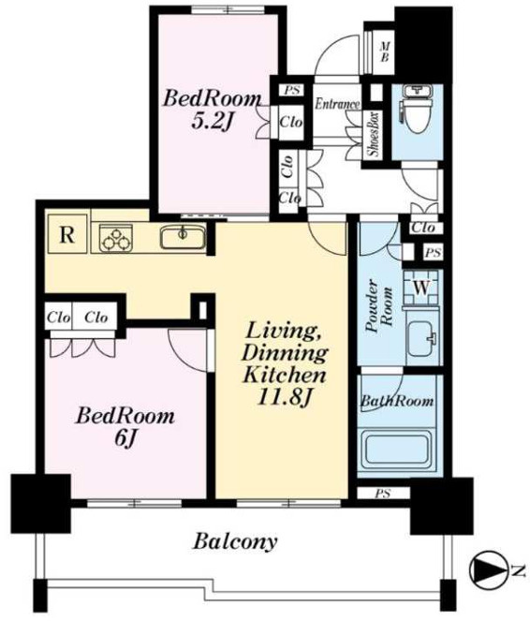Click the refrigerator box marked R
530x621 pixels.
(67, 233)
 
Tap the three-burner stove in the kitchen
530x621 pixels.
(116, 238)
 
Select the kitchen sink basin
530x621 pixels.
(183, 237)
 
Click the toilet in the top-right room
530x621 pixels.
(416, 113)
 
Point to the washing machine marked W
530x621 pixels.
(421, 288)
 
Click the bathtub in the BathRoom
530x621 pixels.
(398, 450)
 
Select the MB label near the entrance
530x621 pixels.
(385, 52)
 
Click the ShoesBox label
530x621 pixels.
(374, 135)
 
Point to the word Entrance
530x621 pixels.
(337, 104)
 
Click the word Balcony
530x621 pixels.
(235, 541)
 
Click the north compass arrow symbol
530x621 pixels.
(489, 569)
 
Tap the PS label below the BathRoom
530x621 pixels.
(383, 494)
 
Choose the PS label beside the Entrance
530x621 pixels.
(292, 90)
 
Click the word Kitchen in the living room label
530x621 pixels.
(285, 375)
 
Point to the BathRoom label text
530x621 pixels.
(397, 401)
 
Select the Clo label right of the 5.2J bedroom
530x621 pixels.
(291, 123)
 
